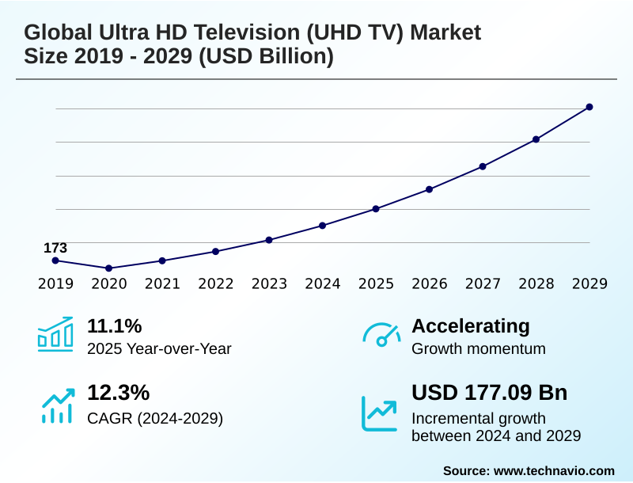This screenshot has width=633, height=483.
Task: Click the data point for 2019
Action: (55, 261)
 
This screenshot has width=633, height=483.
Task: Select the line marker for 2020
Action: (109, 268)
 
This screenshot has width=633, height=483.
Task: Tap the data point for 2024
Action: (323, 226)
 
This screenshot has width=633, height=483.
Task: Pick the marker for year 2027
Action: (483, 166)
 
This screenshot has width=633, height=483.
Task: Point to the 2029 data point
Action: (589, 107)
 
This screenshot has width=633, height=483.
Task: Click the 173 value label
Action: (55, 248)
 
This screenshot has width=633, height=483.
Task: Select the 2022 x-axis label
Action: (216, 284)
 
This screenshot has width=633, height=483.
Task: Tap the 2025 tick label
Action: (376, 284)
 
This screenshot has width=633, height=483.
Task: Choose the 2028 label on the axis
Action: (536, 284)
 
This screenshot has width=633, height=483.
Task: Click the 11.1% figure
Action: (114, 326)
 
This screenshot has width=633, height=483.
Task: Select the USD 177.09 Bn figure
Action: (489, 394)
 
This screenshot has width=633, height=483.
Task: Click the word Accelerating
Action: (471, 326)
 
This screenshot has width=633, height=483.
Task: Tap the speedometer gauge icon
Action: (381, 335)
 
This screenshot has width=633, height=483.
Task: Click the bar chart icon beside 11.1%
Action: (55, 334)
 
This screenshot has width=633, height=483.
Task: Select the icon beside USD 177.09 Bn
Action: (380, 413)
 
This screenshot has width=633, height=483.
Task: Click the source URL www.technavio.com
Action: (554, 470)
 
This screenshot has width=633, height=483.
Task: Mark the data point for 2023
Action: (269, 240)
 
